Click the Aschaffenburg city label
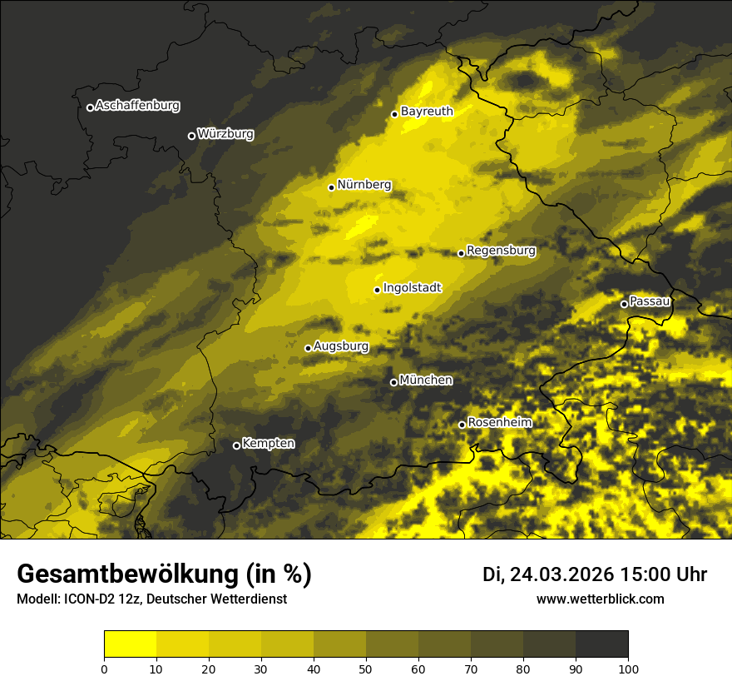[x=137, y=106]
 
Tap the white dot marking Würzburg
[x=191, y=136]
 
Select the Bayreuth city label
[x=427, y=111]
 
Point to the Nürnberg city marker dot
[x=331, y=187]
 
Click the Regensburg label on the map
[x=501, y=251]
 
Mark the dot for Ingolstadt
[x=377, y=290]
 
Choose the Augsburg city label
[x=341, y=346]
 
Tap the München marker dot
[x=393, y=382]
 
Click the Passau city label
[x=650, y=301]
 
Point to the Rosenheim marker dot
[x=462, y=425]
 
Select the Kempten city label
[x=268, y=444]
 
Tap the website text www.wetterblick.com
[x=600, y=599]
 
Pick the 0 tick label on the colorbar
[x=104, y=669]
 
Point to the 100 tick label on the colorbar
[x=628, y=669]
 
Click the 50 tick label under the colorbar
[x=366, y=669]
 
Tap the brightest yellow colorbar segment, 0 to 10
[x=130, y=644]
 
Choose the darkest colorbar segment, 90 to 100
[x=601, y=644]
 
